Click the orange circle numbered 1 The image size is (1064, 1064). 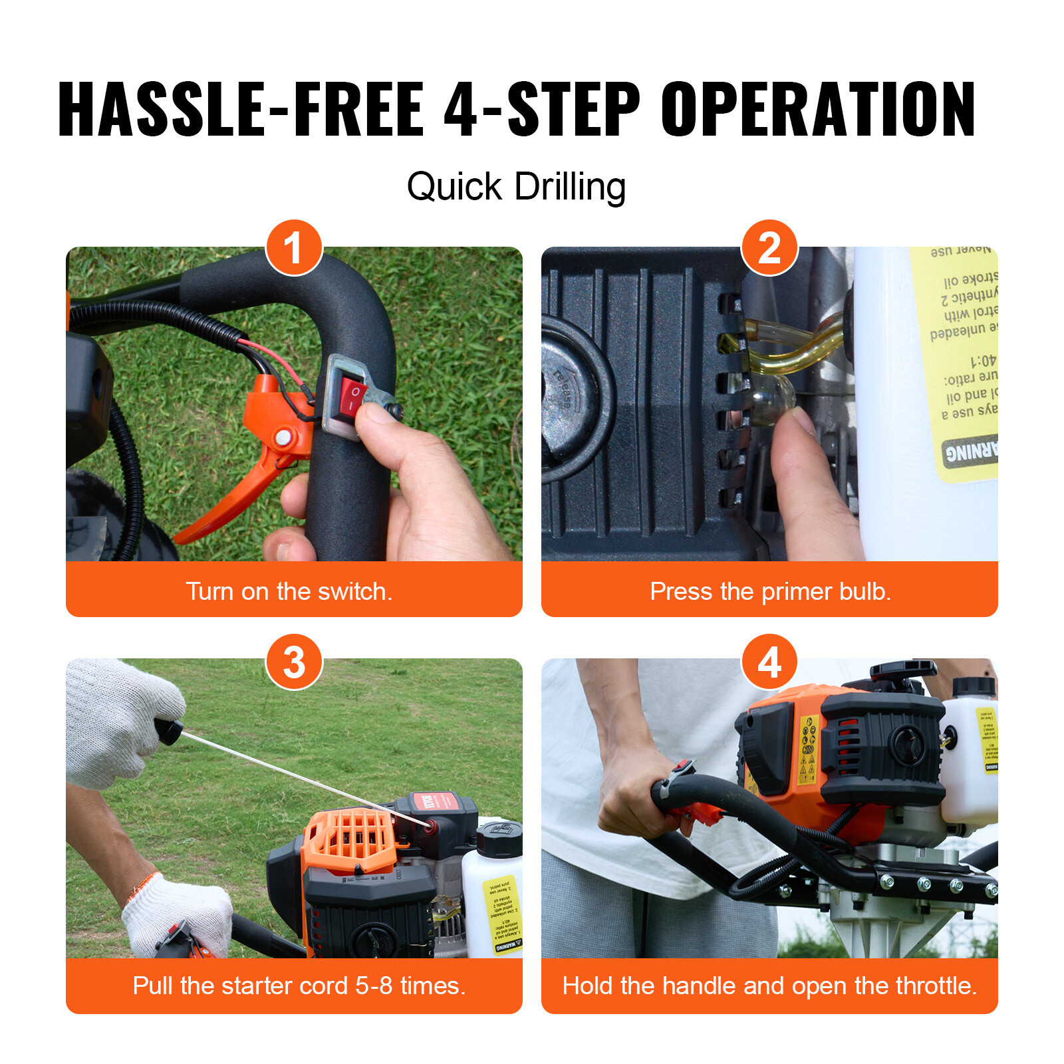tap(294, 247)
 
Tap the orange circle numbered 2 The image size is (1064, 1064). tap(769, 247)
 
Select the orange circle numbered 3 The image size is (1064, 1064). tap(294, 662)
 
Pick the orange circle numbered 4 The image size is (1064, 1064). tap(769, 662)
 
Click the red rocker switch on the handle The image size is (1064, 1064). tap(352, 398)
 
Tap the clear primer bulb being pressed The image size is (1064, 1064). tap(771, 399)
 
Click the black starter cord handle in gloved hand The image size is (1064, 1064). tap(169, 731)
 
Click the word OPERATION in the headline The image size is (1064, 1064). tap(817, 110)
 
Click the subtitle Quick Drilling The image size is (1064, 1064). tap(516, 187)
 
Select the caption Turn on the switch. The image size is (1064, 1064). tap(289, 591)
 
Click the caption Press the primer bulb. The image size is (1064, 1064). tap(770, 591)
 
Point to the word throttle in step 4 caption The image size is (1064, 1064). tap(936, 986)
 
